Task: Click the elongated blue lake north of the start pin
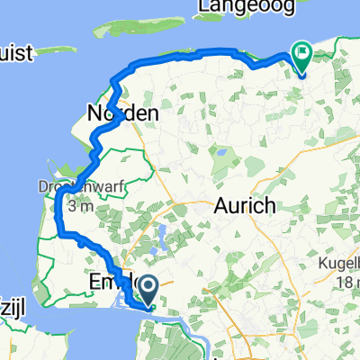(161, 242)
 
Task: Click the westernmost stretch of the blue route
(58, 207)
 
